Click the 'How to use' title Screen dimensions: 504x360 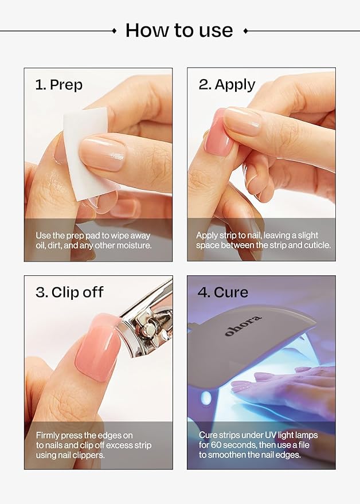[179, 30]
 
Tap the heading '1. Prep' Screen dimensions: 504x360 [59, 85]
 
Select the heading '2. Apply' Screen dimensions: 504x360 [226, 85]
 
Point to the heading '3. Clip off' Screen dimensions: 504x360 [69, 292]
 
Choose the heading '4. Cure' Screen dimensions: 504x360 [223, 292]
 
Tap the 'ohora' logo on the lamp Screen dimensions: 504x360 [243, 325]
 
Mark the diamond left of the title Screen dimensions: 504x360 [114, 30]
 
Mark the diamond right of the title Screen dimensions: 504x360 [245, 30]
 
